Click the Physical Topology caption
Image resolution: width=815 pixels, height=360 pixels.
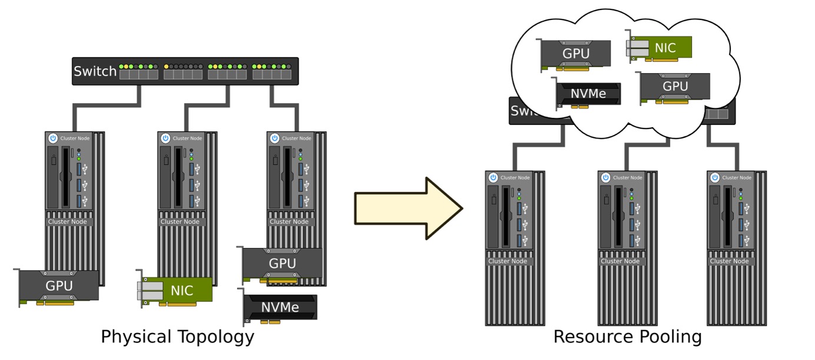(x=177, y=337)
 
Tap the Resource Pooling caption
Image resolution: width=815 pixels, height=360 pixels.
(x=627, y=337)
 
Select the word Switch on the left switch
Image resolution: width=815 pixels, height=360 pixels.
(x=95, y=72)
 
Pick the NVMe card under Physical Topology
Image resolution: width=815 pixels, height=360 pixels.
(x=280, y=307)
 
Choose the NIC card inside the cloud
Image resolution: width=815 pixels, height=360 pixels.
(x=659, y=47)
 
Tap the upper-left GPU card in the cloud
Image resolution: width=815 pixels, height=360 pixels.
(x=576, y=54)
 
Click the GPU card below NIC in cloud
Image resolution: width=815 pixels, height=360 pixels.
(x=675, y=87)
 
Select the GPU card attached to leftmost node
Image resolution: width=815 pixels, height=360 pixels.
(x=59, y=286)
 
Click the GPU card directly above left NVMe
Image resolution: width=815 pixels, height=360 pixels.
(x=282, y=263)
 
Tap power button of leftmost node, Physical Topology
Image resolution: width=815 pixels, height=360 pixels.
(x=52, y=138)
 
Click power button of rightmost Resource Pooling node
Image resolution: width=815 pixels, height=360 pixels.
(x=714, y=177)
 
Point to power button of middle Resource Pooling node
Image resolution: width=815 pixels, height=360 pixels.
(x=605, y=177)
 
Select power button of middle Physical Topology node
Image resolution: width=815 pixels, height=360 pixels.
(x=165, y=138)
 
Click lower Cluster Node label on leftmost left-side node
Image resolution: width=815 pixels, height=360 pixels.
(x=67, y=222)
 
